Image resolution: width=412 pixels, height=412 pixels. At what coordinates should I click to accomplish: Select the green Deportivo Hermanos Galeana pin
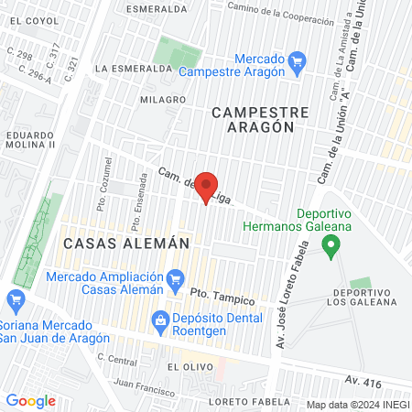[x=332, y=245]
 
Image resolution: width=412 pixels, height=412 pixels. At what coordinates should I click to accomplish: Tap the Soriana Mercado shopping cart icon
[x=15, y=298]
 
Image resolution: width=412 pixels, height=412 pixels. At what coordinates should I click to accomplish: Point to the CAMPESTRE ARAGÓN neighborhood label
[x=260, y=120]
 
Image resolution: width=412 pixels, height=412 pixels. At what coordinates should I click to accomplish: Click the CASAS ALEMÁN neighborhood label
[x=126, y=244]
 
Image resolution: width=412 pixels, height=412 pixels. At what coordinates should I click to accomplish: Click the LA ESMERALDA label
[x=135, y=69]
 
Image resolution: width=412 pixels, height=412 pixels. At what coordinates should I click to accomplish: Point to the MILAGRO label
[x=163, y=99]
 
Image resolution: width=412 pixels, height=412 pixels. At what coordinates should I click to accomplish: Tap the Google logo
[x=31, y=401]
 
